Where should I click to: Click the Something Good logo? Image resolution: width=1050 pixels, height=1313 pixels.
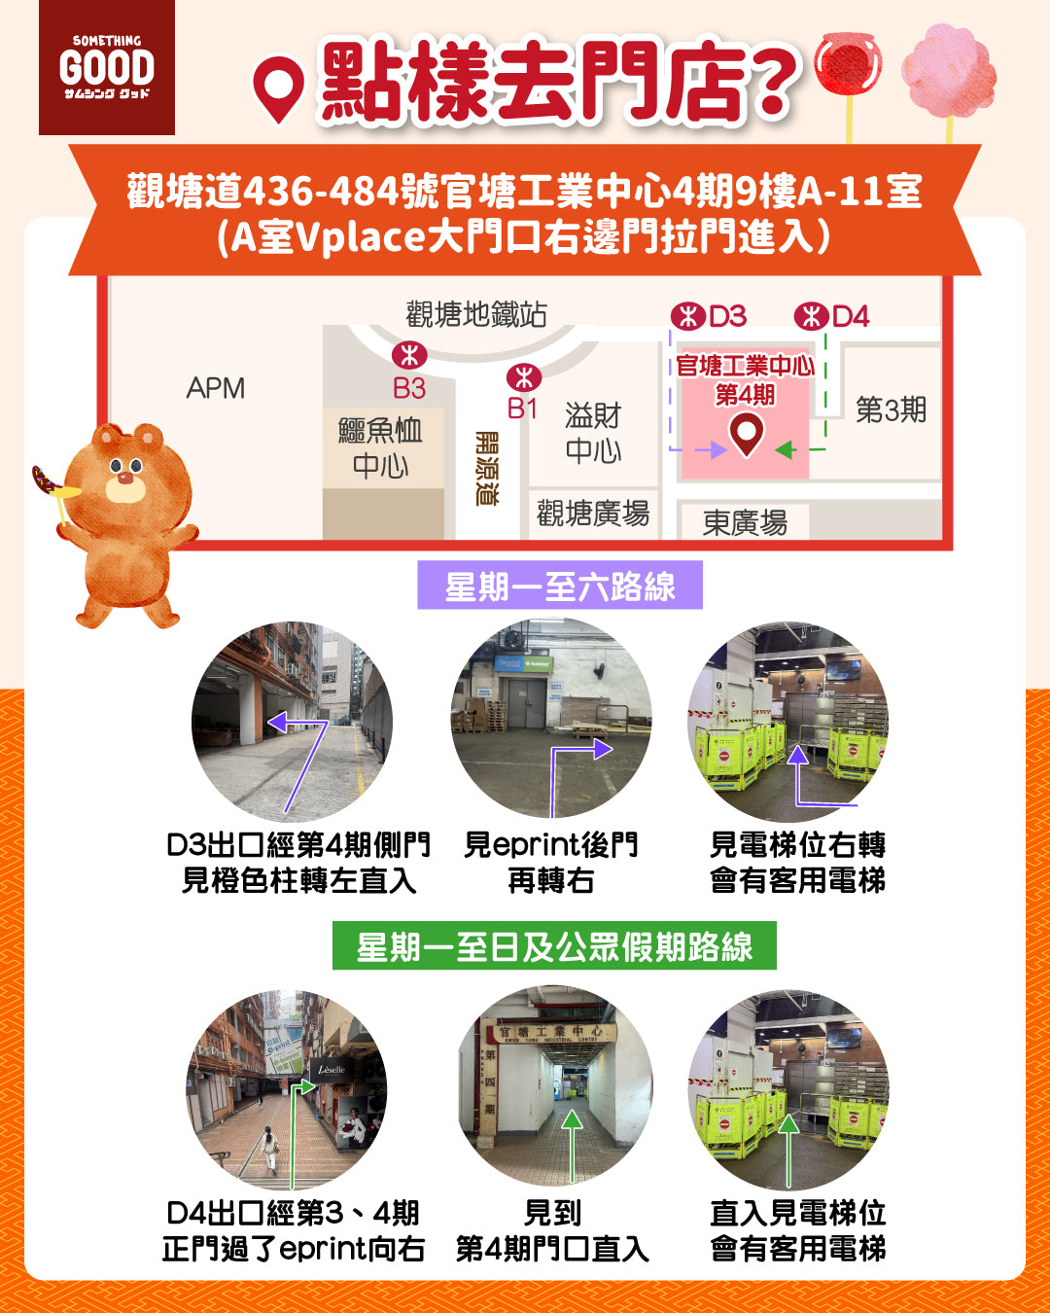point(107,67)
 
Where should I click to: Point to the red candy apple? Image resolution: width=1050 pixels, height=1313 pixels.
point(848,64)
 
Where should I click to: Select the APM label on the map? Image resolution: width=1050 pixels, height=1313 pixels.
point(216,388)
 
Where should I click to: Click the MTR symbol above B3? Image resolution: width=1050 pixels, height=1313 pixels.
point(408,355)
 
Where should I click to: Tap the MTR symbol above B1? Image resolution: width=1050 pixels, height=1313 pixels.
point(524,377)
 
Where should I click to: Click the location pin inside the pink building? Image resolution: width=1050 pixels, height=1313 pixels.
point(746,434)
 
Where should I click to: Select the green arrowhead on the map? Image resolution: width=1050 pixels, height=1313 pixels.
point(786,450)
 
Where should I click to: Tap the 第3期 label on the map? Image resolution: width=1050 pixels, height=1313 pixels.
point(891,409)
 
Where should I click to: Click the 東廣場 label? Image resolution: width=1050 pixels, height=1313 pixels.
point(745,523)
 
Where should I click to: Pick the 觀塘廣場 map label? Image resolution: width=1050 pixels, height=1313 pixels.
point(593,513)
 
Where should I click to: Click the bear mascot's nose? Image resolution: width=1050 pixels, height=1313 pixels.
point(125,478)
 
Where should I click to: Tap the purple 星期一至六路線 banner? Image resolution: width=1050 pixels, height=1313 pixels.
point(560,586)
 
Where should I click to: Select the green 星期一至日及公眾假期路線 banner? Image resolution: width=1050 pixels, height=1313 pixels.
point(554,945)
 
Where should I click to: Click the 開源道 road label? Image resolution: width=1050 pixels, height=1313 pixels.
point(486,469)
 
